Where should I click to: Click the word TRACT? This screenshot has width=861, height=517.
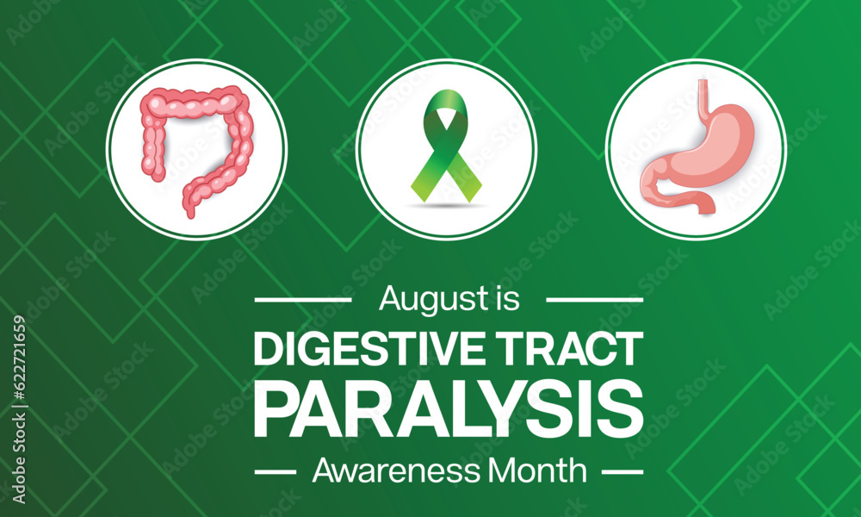click(573, 349)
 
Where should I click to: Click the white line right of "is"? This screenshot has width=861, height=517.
click(595, 301)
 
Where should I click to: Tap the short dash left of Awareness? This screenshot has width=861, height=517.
click(278, 472)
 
